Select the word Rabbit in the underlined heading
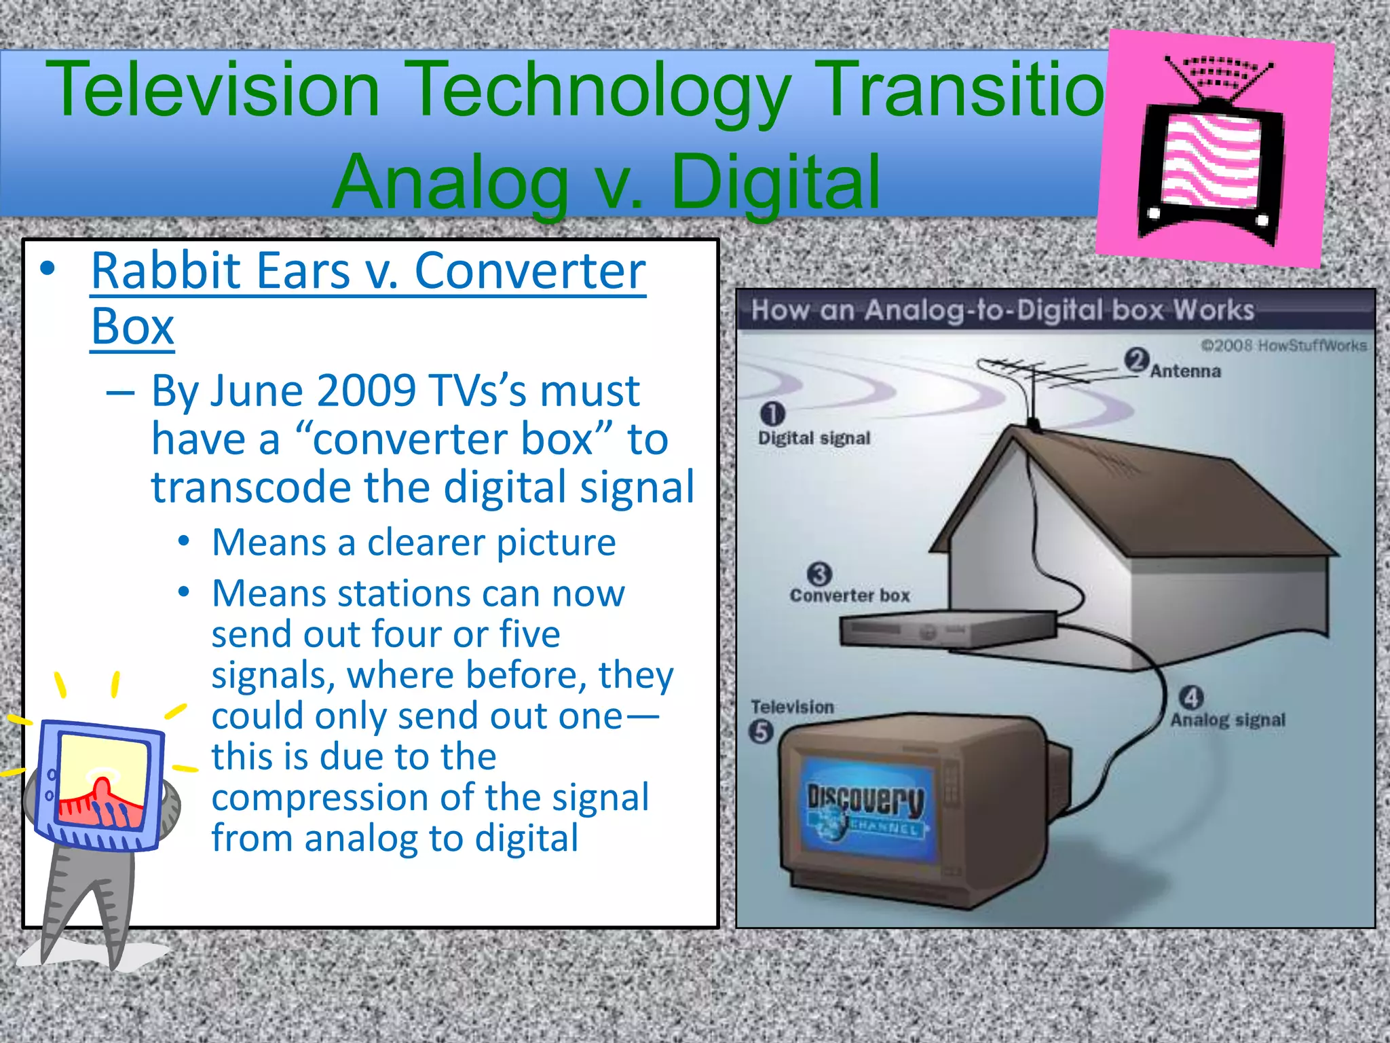tap(175, 271)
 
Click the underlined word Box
tap(132, 328)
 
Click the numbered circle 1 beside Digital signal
tap(772, 414)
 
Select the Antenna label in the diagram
tap(1185, 371)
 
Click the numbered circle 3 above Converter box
tap(820, 574)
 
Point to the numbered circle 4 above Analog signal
tap(1191, 697)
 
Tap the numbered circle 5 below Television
tap(761, 732)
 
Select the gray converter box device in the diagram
tap(947, 629)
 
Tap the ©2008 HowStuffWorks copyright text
tap(1283, 346)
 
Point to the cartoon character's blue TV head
tap(102, 784)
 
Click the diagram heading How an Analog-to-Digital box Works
tap(1002, 310)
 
